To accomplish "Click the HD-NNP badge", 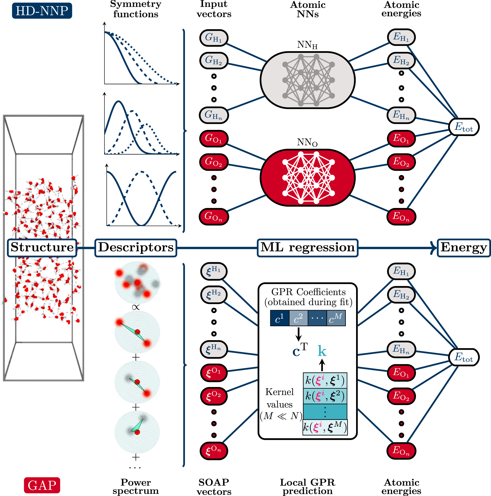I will (x=42, y=11).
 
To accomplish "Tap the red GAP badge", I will (x=42, y=485).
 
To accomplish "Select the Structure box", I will (x=42, y=248).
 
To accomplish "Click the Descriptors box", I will (x=136, y=248).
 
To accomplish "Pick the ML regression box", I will (x=307, y=248).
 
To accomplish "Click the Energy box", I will (x=464, y=248).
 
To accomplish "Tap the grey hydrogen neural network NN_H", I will (x=307, y=80).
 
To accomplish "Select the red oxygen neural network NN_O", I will (x=307, y=177).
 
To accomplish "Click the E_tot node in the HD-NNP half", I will (x=464, y=127).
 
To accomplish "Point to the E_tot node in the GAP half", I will (x=464, y=357).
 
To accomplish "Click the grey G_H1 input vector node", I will (x=213, y=38).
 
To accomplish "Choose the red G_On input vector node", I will (x=213, y=216).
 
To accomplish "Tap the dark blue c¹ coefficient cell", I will (x=280, y=318).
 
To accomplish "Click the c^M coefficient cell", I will (x=336, y=318).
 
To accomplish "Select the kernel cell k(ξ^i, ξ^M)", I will (x=325, y=427).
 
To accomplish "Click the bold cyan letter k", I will (x=322, y=351).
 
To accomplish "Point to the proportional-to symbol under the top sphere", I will (x=136, y=307).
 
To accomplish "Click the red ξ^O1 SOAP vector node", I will (x=213, y=372).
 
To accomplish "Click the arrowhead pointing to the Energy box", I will (x=434, y=248).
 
